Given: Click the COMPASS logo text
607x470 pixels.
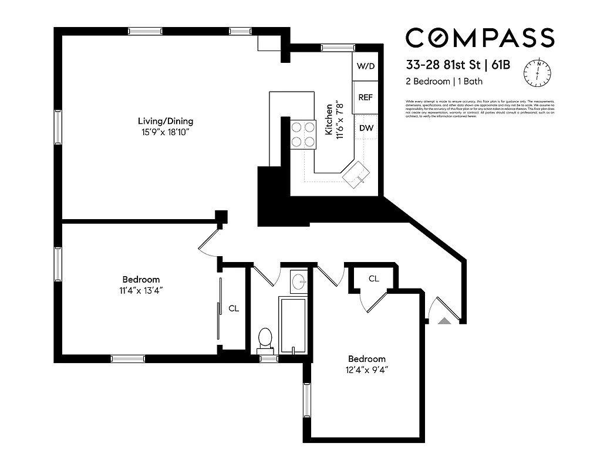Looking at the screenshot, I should [480, 38].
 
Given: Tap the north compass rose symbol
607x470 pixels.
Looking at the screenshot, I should [538, 72].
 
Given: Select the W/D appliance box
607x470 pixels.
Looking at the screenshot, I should [366, 66].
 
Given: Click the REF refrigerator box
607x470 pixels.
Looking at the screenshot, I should [365, 98].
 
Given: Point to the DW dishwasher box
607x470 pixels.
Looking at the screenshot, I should [366, 127].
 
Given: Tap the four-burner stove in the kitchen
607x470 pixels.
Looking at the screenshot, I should [303, 133].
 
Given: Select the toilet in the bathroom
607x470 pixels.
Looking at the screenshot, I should [265, 340].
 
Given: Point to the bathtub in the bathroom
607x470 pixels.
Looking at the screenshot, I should [293, 326].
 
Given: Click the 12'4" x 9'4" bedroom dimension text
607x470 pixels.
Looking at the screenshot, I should [367, 370].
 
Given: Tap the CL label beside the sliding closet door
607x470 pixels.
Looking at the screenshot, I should [234, 308].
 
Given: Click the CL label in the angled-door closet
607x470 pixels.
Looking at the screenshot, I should [374, 278].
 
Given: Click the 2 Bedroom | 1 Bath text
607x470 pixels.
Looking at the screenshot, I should [444, 82].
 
